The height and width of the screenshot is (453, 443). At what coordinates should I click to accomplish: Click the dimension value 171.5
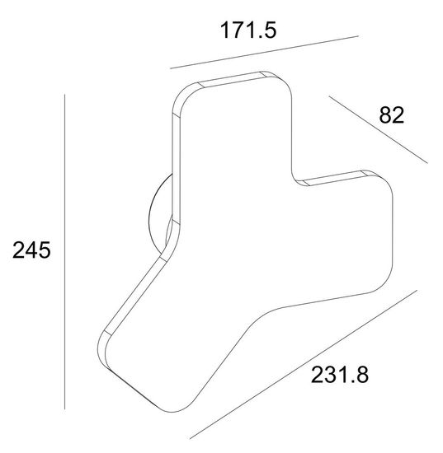click(248, 30)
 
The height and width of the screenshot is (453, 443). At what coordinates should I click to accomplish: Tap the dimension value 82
click(391, 115)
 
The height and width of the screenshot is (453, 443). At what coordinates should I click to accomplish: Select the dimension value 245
click(31, 250)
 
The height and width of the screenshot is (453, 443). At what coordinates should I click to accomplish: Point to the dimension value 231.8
click(340, 375)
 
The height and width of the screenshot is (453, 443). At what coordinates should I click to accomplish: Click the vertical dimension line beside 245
click(64, 252)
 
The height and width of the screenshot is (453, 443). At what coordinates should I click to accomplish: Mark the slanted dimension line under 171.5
click(264, 52)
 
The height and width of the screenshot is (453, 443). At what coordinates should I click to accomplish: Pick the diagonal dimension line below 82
click(378, 129)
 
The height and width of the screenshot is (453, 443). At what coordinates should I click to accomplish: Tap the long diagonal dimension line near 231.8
click(304, 365)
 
